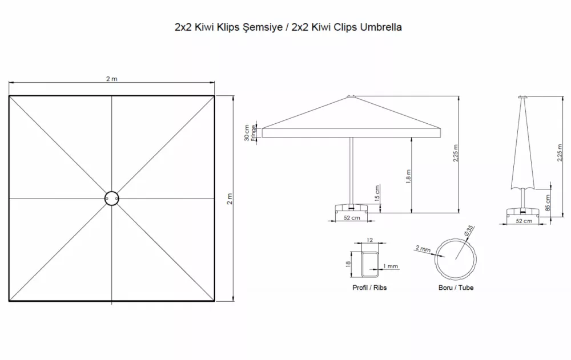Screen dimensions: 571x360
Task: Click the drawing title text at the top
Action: click(288, 27)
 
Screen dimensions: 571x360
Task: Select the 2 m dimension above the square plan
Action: click(112, 79)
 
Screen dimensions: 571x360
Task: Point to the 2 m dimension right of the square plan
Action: click(230, 199)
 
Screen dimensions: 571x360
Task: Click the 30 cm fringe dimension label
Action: click(250, 133)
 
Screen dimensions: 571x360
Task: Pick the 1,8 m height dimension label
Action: click(408, 176)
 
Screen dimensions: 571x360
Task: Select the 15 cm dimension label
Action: click(377, 193)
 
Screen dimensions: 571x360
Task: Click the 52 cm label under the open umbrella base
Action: click(352, 218)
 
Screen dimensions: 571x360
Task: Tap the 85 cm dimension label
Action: click(548, 203)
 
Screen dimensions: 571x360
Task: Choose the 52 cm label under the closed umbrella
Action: click(524, 221)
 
